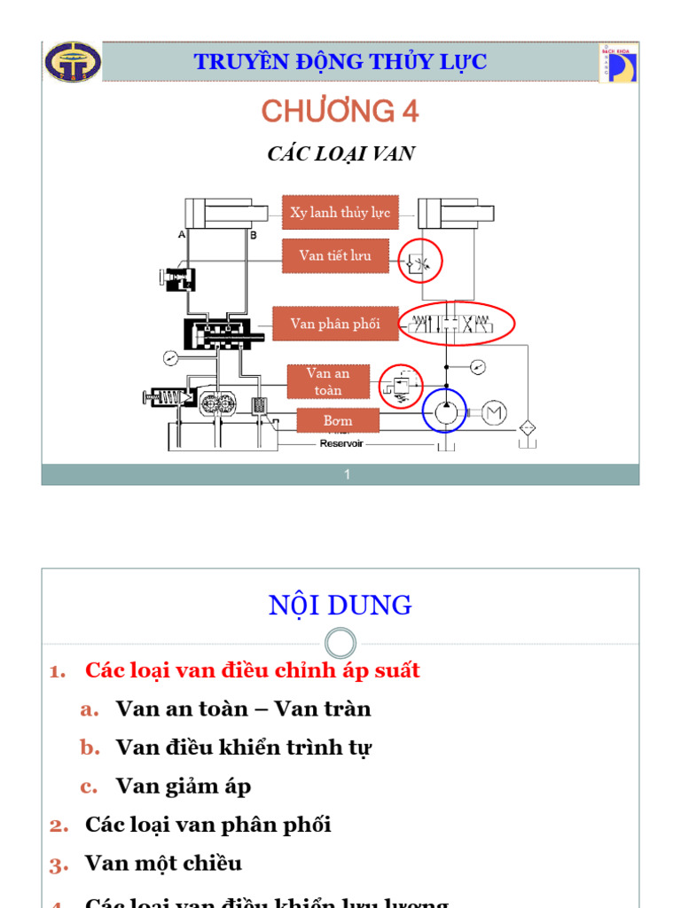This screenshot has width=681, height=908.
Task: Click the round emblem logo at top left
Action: coord(73,63)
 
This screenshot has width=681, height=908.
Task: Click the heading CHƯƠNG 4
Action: coord(340,112)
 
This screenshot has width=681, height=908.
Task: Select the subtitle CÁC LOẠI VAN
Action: coord(340,154)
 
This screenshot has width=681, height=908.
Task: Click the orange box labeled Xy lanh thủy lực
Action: coord(340,213)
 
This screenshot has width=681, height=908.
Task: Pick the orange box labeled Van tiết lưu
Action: coord(335,256)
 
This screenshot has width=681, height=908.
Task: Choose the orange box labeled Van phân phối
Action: coord(335,324)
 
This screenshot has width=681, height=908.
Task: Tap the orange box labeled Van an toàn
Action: coord(328,381)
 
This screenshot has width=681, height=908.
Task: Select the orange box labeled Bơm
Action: coord(338,420)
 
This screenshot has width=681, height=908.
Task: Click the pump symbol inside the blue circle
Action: coord(444,411)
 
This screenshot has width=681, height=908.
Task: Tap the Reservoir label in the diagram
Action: coord(341,443)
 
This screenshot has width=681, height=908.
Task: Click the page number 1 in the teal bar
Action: coord(348,475)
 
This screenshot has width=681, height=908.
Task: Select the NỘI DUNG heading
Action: coord(340,606)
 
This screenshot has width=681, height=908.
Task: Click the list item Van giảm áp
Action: coord(183,786)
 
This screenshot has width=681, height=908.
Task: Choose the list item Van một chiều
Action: coord(163,863)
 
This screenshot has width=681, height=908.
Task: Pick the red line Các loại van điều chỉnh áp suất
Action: coord(252,670)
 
